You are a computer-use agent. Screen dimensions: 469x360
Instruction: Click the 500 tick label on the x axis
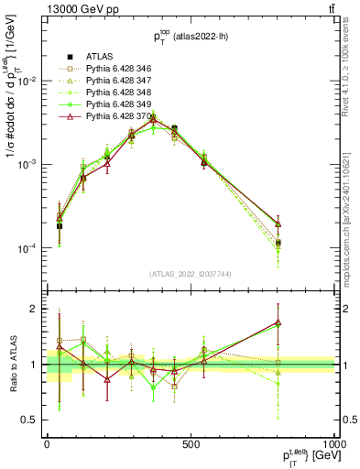click(191, 442)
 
